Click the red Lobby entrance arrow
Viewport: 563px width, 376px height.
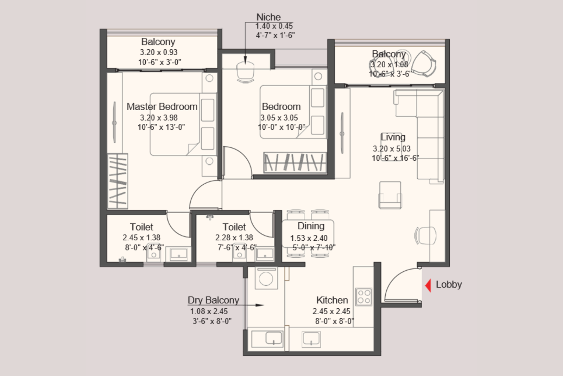click(x=428, y=285)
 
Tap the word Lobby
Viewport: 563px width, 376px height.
click(x=449, y=284)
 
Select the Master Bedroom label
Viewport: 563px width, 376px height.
click(x=162, y=106)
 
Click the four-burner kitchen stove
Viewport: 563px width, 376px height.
click(x=363, y=297)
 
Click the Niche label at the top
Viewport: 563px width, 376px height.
click(x=268, y=17)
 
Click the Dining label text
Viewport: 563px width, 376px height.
click(x=311, y=226)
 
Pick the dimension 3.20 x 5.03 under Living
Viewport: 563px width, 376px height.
click(x=392, y=148)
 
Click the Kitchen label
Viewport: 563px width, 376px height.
click(x=332, y=300)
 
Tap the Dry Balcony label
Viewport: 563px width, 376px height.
click(x=213, y=300)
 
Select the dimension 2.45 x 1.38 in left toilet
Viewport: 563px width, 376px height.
click(x=141, y=238)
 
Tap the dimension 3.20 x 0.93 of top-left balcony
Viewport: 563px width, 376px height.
click(x=159, y=52)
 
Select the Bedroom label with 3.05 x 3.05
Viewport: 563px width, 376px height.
click(x=281, y=106)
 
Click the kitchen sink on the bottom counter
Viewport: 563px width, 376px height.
click(x=311, y=339)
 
